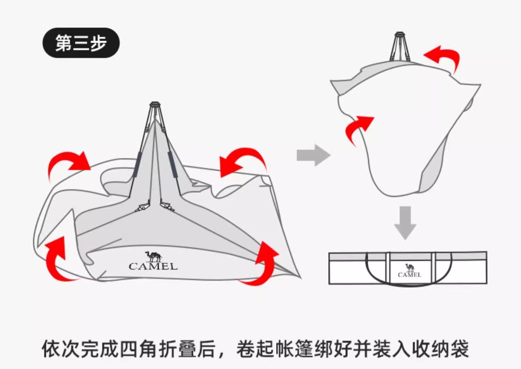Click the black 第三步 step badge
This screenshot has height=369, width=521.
point(81,43)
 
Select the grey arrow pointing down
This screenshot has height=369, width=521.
point(405,222)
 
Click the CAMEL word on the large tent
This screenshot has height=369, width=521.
point(153,266)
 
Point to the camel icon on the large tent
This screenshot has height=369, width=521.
point(153,256)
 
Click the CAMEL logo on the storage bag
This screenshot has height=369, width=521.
point(410,271)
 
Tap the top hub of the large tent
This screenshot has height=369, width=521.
point(155,104)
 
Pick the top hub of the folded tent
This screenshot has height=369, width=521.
point(400,34)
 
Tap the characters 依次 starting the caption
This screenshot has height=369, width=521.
point(61,349)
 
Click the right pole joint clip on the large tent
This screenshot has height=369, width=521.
point(167,206)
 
